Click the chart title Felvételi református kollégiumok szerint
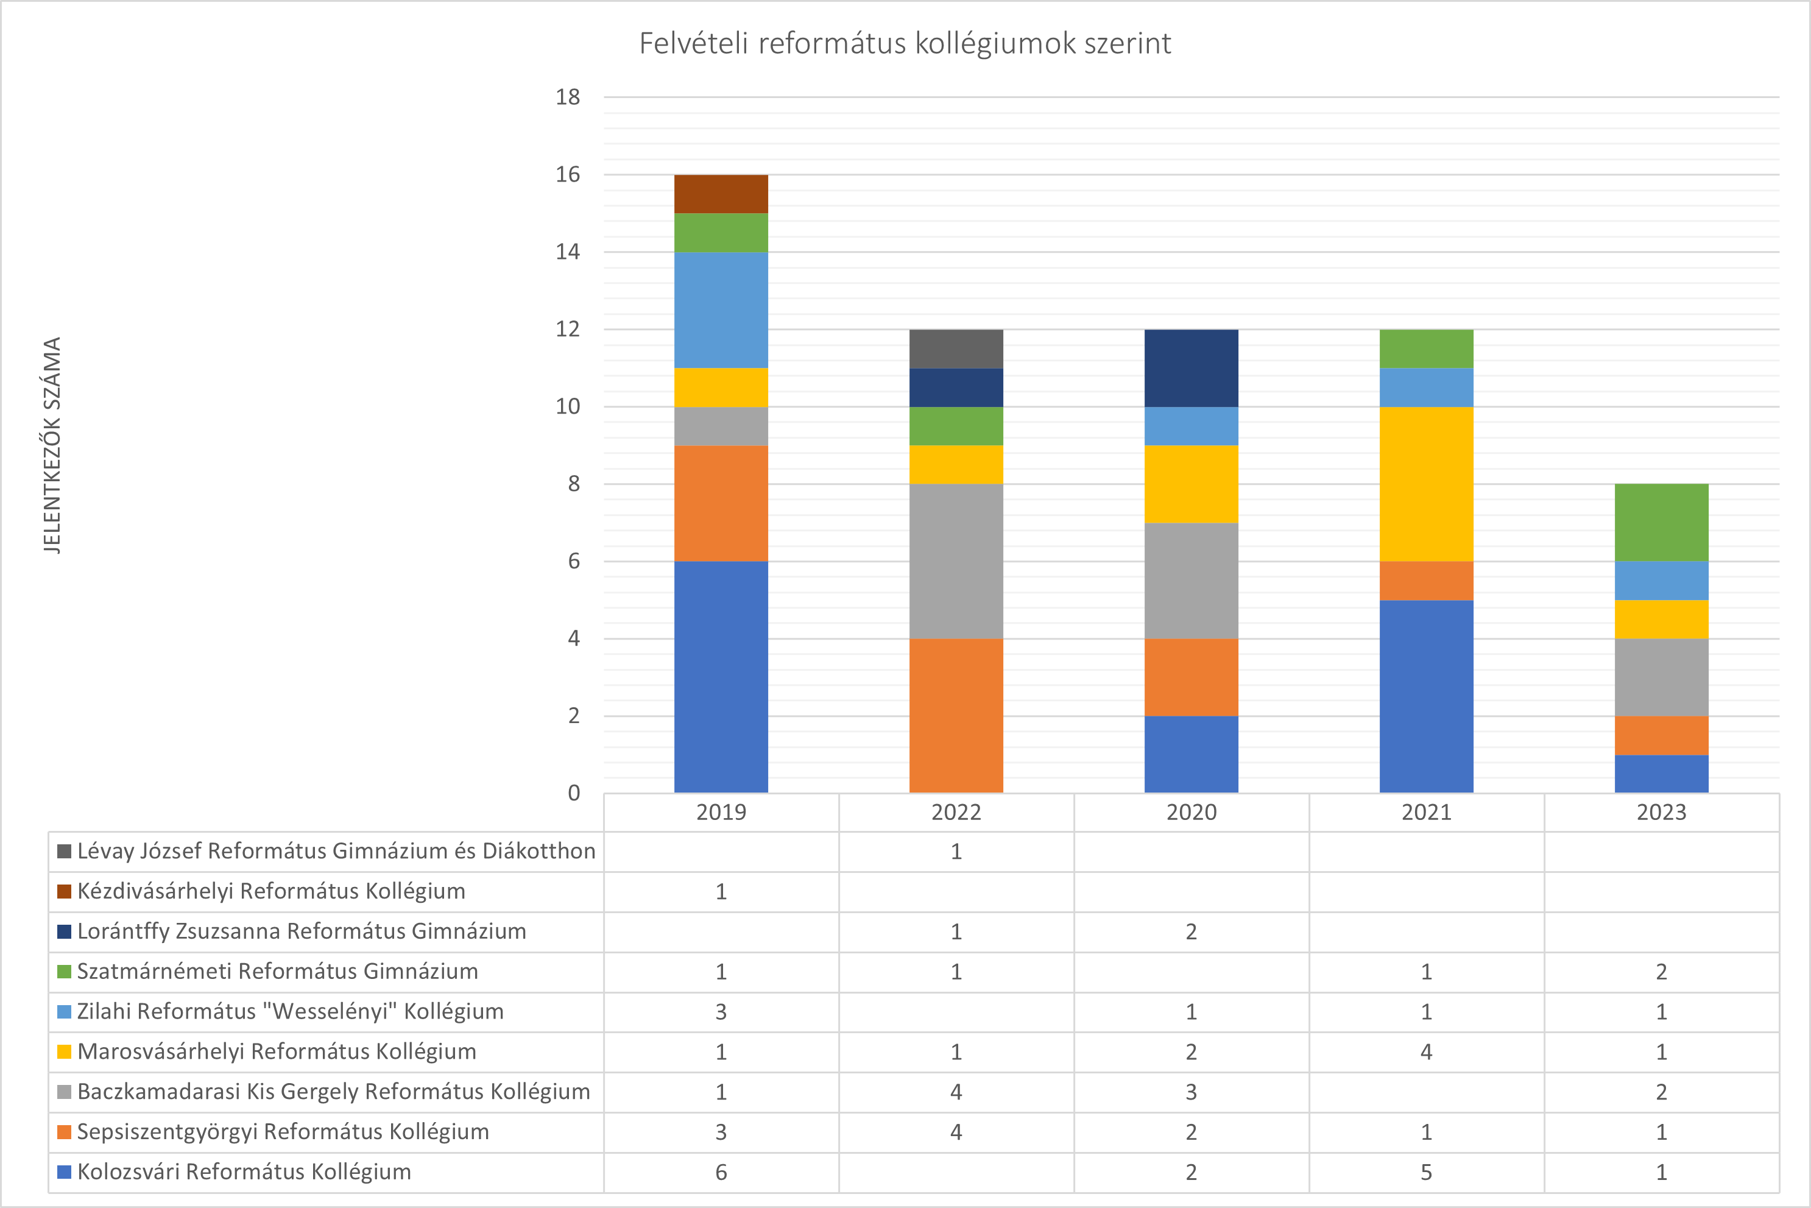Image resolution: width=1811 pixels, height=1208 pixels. point(905,44)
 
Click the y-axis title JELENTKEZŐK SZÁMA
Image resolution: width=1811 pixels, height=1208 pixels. point(52,445)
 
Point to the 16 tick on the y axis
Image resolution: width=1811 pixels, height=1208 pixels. point(568,175)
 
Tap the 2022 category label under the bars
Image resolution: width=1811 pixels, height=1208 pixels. point(956,812)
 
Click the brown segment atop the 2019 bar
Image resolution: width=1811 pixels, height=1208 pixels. point(721,194)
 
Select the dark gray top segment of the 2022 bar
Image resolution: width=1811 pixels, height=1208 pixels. point(956,349)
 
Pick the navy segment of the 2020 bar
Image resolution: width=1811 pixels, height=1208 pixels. point(1191,369)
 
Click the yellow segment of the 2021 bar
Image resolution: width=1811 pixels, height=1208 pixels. point(1426,484)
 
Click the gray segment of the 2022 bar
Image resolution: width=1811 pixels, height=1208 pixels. point(956,561)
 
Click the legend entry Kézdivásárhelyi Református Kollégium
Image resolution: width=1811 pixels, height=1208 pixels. point(271,891)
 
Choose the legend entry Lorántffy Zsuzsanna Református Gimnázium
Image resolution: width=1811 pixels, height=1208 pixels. point(301,931)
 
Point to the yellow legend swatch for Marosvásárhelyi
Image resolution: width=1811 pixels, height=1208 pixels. point(65,1051)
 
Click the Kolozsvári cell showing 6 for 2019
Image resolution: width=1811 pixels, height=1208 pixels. point(721,1172)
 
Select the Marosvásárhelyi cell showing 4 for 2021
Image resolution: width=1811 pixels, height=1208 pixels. point(1426,1051)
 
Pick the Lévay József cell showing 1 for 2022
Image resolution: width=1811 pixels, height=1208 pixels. point(956,851)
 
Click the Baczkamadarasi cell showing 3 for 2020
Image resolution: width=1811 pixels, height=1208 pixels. point(1191,1092)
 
